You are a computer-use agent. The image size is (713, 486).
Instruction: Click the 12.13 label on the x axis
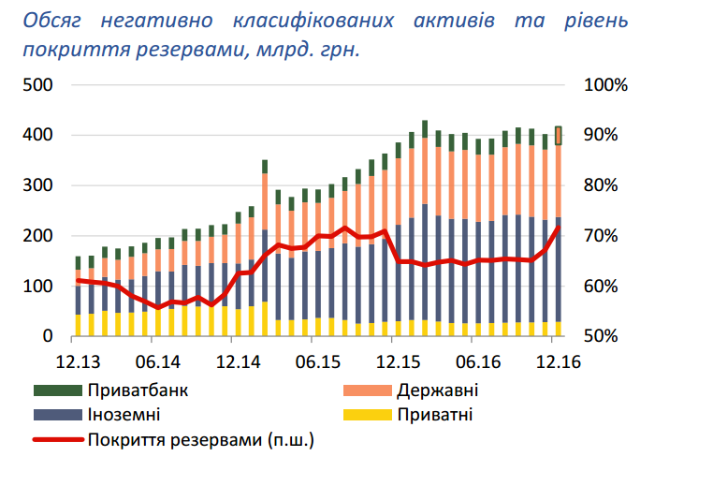coord(79,361)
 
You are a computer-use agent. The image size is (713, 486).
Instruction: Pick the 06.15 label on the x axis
coord(318,361)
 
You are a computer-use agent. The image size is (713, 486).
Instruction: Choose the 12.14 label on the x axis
coord(239,361)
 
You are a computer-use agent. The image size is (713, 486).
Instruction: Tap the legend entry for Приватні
coord(433,415)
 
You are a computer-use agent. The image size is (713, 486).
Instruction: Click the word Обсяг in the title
coord(55,20)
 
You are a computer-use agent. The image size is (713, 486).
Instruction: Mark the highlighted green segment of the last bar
coord(559,136)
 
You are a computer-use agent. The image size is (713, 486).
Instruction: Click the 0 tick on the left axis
coord(47,336)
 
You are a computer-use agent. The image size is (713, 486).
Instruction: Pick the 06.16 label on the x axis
coord(477,361)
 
